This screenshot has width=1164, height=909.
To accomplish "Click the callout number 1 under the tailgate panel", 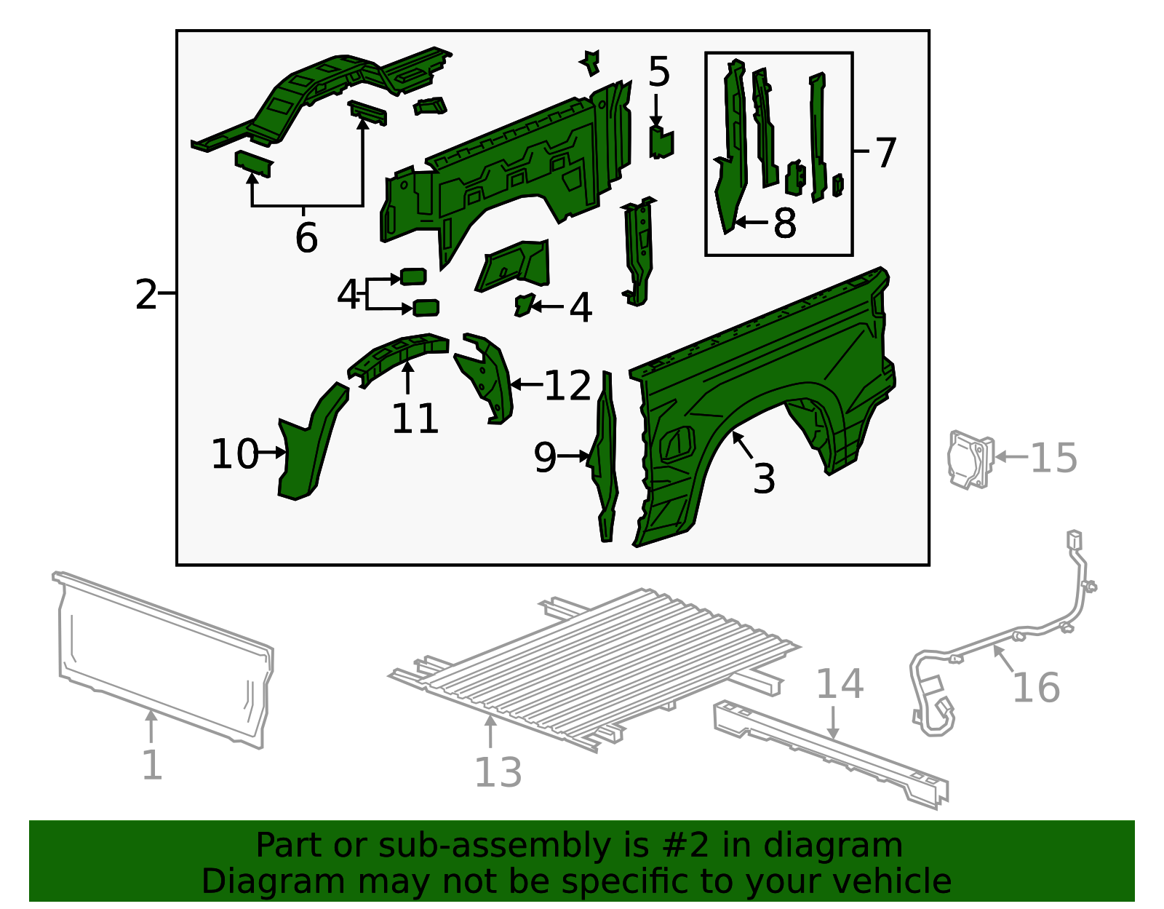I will (151, 765).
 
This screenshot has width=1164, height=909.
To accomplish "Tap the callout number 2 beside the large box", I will (146, 294).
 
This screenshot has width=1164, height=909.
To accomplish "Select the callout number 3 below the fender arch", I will (764, 478).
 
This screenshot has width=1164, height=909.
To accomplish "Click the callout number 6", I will (306, 237).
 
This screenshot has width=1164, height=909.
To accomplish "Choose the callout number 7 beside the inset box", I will (885, 152).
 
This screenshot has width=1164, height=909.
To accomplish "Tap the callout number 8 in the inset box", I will (784, 223).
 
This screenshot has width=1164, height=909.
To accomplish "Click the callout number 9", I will (545, 457).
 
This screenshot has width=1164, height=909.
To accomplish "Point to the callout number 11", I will (415, 418).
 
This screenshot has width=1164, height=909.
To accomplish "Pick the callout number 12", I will (567, 385).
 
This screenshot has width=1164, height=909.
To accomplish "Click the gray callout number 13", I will (498, 772).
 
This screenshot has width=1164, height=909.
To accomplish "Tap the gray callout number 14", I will (840, 684).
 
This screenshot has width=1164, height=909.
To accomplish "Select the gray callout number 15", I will (1054, 458).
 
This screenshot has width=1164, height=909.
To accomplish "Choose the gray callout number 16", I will (1037, 688).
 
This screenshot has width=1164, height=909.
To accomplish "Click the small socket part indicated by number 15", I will (970, 459).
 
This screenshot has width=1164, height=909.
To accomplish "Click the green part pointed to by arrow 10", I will (306, 451).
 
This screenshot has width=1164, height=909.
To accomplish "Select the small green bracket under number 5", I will (661, 142).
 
